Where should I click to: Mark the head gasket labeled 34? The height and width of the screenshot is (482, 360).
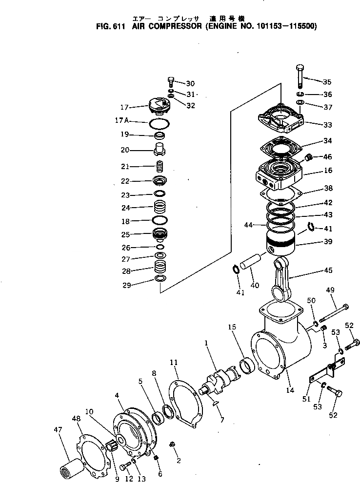pos(280,146)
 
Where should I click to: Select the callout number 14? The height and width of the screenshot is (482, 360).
pos(290,390)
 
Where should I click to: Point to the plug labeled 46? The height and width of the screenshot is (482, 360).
pos(308,158)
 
